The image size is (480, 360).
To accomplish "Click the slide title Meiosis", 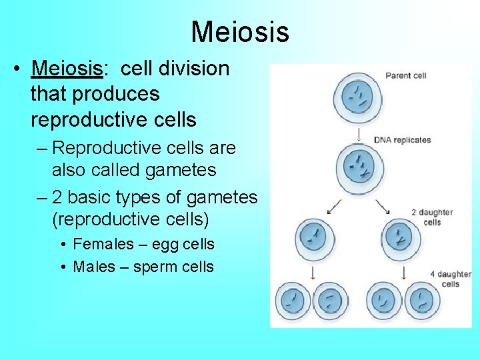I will [x=240, y=31].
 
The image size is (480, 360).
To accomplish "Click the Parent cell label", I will [x=406, y=76].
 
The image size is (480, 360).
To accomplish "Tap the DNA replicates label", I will [x=402, y=140].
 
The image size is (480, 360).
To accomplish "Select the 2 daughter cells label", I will [x=433, y=217].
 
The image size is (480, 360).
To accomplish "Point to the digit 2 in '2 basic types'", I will [x=57, y=197].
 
